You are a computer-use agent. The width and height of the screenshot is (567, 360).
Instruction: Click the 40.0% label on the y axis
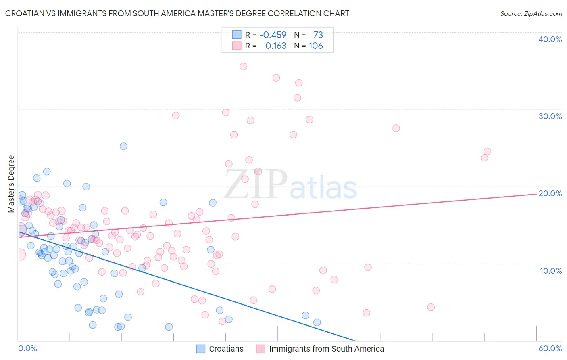tap(550, 39)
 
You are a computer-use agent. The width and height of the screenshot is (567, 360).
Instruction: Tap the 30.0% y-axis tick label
tap(550, 116)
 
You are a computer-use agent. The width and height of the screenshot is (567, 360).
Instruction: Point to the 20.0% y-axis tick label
tap(550, 193)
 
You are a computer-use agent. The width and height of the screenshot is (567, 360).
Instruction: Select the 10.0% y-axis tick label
tap(551, 271)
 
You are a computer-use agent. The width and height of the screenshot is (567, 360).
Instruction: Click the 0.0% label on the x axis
tap(27, 348)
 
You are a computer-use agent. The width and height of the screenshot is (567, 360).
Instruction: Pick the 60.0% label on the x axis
tap(550, 348)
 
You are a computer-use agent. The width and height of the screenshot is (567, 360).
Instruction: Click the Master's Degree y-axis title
tap(11, 184)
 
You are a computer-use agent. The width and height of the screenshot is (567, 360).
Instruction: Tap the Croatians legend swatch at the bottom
tap(201, 349)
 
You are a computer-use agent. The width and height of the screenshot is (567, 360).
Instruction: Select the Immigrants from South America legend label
tap(326, 349)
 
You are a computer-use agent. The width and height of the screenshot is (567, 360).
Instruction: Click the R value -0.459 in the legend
tap(273, 35)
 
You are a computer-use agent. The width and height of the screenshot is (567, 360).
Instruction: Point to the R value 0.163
tap(276, 46)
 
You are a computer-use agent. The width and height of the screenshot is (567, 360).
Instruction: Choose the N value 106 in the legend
tap(316, 46)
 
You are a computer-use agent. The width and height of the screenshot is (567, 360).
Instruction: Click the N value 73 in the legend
tap(318, 35)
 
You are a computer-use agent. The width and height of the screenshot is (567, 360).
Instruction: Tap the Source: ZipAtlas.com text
tap(531, 14)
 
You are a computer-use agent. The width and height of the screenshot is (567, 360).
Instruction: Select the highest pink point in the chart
tap(243, 67)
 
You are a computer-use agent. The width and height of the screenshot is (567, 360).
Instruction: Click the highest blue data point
tap(123, 146)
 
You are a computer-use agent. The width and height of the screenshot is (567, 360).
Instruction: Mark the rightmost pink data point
tap(487, 151)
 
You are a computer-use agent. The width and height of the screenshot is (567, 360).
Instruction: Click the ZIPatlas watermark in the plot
tap(290, 184)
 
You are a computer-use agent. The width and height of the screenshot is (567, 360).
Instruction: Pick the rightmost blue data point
tap(317, 322)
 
